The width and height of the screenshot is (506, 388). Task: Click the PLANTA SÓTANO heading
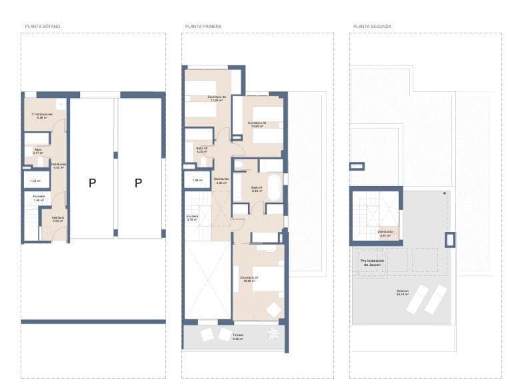click(43, 27)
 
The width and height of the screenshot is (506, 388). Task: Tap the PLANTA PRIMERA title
click(203, 27)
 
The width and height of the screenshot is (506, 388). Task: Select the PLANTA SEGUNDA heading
click(372, 27)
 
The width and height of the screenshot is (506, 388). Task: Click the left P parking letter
click(92, 183)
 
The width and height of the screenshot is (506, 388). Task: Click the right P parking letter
click(138, 183)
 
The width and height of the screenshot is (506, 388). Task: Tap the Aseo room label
click(37, 151)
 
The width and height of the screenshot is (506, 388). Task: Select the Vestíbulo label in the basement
click(58, 218)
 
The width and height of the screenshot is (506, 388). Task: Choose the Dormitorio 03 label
click(257, 123)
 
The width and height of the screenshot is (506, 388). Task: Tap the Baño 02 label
click(201, 149)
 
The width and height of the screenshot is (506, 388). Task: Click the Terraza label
click(238, 335)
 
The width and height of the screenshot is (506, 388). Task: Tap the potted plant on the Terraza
click(271, 333)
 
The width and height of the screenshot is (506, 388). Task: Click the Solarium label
click(402, 291)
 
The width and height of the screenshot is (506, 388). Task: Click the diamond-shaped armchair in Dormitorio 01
click(274, 309)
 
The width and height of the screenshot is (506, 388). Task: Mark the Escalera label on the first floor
click(192, 217)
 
